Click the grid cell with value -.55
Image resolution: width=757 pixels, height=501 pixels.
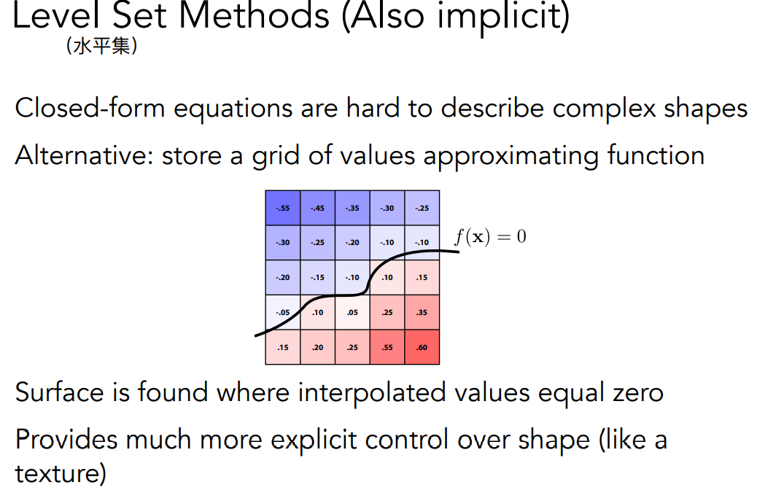[283, 208]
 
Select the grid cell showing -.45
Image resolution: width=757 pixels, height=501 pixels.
[318, 208]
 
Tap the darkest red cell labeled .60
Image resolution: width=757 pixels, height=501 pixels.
[422, 347]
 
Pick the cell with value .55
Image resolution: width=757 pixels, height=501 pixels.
[387, 347]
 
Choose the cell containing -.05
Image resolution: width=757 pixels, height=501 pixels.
[283, 312]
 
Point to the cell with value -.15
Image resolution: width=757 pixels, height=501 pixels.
[318, 278]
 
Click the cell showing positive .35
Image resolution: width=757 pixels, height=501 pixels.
[422, 312]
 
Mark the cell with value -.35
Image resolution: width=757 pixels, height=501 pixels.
[352, 208]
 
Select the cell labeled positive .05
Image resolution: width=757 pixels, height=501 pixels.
[352, 312]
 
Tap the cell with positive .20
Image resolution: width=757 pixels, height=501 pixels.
[318, 347]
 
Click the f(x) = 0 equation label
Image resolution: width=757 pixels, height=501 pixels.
[491, 236]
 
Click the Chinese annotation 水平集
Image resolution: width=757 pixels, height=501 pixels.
[102, 47]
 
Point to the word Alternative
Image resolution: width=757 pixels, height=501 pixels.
[84, 155]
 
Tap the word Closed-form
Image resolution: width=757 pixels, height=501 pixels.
[90, 108]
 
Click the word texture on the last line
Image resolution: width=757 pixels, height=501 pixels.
[61, 473]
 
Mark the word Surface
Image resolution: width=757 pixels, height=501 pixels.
[59, 392]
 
